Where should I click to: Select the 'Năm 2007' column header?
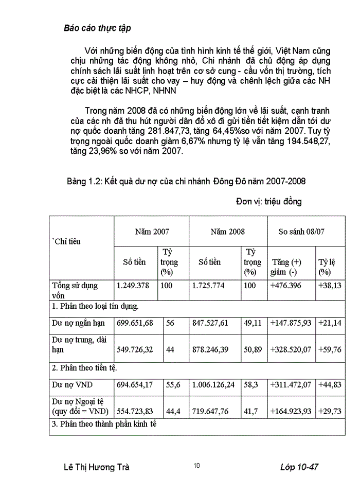152,232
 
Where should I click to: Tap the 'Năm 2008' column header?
228,232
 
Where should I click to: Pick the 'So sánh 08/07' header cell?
301,232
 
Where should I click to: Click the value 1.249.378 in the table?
133,285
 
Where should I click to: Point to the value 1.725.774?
208,285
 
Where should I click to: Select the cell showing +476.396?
286,285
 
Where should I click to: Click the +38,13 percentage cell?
330,285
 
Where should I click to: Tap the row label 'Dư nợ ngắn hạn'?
78,323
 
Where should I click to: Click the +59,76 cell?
330,349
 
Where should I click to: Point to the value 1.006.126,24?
215,384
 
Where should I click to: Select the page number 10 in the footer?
197,466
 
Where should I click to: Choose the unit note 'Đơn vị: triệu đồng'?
269,201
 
